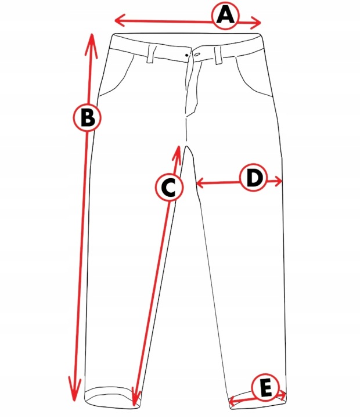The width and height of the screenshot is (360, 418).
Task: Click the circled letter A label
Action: tap(225, 16)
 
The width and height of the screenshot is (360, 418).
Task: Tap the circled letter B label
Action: tap(87, 117)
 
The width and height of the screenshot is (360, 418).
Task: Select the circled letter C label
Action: tap(169, 187)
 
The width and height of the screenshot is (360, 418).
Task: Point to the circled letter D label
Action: tap(254, 178)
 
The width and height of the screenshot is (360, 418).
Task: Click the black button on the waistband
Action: tap(186, 55)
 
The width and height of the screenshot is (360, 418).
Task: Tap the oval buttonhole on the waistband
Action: tap(197, 55)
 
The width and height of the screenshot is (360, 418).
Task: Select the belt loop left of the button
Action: tap(152, 54)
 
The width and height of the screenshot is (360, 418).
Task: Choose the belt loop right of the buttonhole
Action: tap(218, 55)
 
